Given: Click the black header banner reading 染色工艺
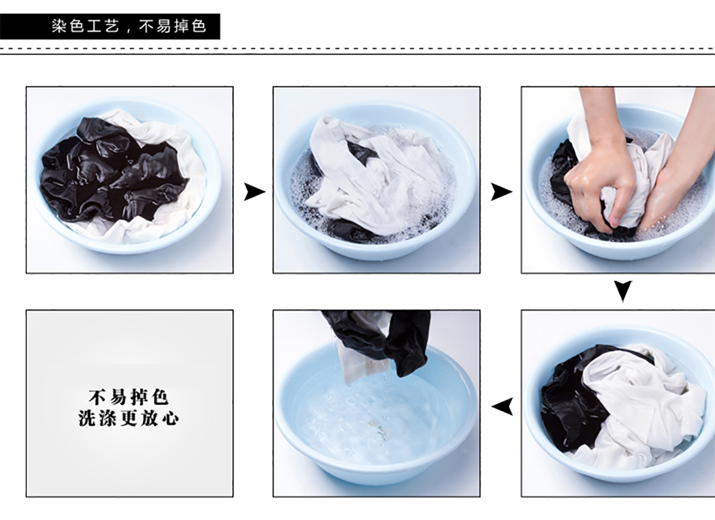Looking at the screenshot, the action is coord(110,27).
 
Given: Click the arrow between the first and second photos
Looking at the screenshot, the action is coord(254,191).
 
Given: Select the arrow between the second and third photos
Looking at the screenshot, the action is coord(501,191).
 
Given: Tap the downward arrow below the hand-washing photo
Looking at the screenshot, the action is coord(623,291).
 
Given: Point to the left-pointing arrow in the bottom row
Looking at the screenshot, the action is coord(502,407).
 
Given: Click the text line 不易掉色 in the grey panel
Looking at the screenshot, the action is coord(129,396).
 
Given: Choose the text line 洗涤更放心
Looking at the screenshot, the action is coord(129,417).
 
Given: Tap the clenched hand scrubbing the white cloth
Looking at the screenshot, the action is coord(601,183).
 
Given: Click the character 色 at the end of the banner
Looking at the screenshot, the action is coord(199,26).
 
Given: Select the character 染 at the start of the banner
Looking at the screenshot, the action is coord(58,26).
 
